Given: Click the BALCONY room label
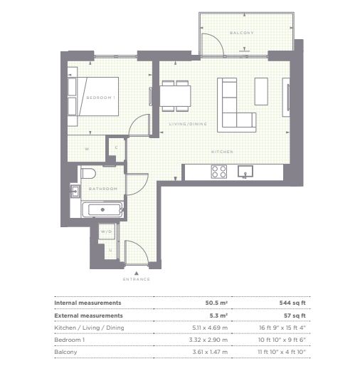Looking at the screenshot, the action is [241, 33].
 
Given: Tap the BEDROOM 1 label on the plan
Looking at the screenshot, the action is [100, 98].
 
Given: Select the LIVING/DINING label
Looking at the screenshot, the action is [188, 124].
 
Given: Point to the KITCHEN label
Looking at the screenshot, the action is [222, 152].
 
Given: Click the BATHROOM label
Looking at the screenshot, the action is [102, 189].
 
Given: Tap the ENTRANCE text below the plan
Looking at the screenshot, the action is [136, 279].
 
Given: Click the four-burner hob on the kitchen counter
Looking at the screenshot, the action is [219, 172].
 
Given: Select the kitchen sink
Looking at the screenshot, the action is [245, 172].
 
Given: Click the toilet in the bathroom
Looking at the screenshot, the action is [88, 173].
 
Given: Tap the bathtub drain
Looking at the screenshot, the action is [102, 210].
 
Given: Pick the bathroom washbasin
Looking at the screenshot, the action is [75, 191].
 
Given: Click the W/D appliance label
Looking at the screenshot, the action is [106, 231].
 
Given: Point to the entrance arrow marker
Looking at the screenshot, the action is [137, 273].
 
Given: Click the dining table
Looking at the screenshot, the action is [175, 95].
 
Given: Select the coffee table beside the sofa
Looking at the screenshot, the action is [261, 91].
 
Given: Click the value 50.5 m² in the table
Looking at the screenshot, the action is [216, 303].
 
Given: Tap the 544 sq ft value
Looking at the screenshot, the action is [292, 303].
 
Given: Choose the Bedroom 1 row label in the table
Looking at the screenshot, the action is [69, 340].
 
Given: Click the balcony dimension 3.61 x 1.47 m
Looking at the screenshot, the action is [210, 352].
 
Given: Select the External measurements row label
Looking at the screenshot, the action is [88, 315].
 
